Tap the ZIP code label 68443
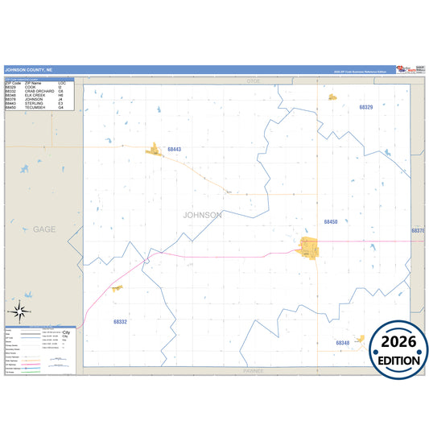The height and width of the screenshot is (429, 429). pos(175,150)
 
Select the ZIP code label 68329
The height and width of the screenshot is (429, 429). pos(366,107)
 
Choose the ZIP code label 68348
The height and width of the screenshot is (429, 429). pos(342,343)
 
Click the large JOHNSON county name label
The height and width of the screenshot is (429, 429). pos(202,215)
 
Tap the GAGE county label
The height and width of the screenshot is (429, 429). pos(44,229)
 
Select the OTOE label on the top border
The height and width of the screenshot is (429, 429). pos(254,82)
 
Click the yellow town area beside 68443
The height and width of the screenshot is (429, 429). pos(154,149)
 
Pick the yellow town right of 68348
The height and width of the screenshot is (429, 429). pos(360,340)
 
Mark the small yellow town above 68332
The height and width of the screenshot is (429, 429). pos(118,287)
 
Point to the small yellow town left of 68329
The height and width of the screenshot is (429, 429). pos(332,97)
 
